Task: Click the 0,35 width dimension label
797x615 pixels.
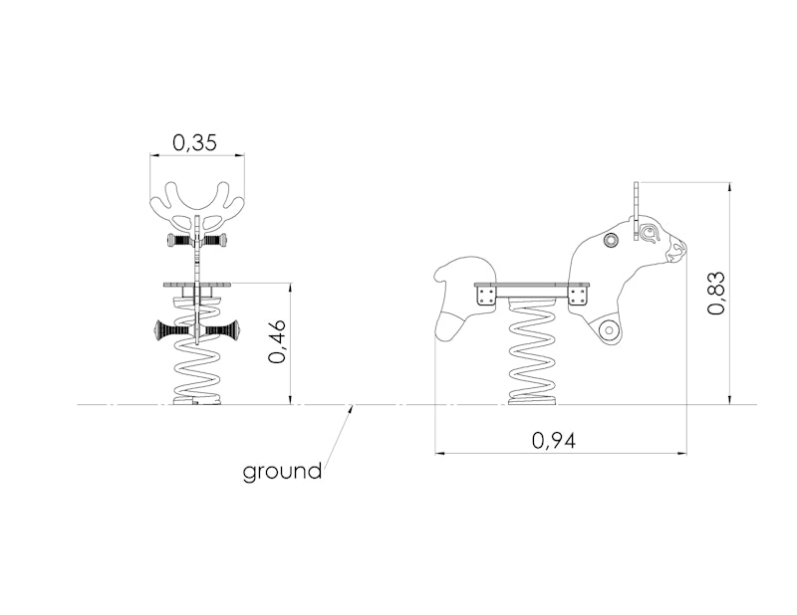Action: (x=194, y=142)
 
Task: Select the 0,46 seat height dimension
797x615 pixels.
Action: (x=278, y=341)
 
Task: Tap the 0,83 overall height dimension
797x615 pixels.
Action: (x=716, y=293)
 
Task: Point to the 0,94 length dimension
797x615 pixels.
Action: (x=554, y=440)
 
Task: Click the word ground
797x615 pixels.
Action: (x=282, y=472)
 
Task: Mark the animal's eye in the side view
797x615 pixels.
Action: (x=649, y=233)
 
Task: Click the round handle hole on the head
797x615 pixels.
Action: (x=611, y=239)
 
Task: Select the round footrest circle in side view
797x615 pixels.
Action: (x=608, y=330)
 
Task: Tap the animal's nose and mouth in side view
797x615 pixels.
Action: (x=677, y=251)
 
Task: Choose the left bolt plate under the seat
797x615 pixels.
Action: (x=486, y=296)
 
